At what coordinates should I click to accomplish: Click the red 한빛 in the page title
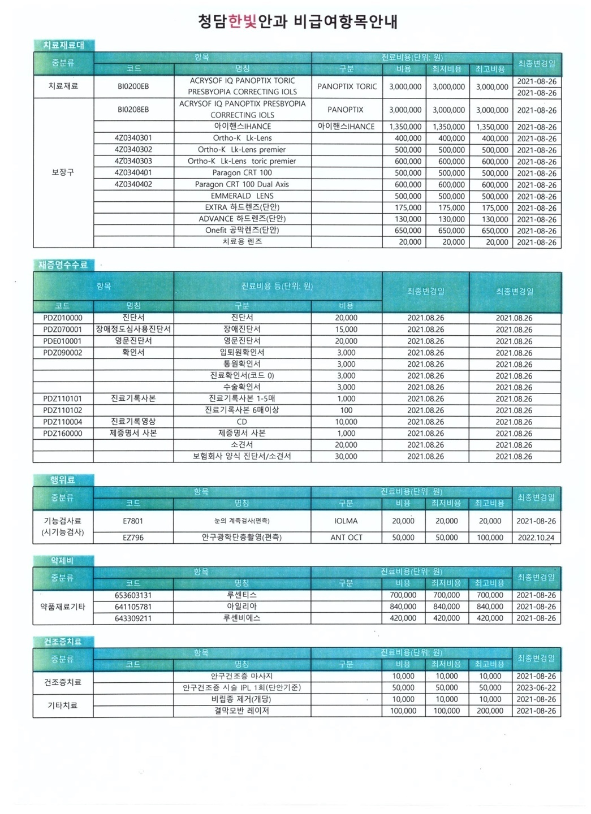tap(243, 21)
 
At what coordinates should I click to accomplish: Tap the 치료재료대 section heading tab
tap(63, 45)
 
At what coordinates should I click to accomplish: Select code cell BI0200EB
tap(133, 86)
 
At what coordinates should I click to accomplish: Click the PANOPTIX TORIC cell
tap(347, 86)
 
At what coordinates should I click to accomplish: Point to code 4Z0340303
tap(133, 161)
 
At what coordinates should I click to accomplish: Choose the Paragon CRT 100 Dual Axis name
tap(241, 184)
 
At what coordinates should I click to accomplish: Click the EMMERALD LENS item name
tap(241, 196)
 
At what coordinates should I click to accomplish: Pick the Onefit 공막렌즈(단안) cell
tap(241, 231)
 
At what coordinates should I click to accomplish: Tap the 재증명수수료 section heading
tap(63, 265)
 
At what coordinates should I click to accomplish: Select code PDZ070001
tap(63, 330)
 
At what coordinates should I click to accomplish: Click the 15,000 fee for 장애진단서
tap(346, 330)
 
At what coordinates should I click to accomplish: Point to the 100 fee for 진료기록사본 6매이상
tap(346, 410)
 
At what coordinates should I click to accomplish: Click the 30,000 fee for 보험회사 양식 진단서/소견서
tap(346, 457)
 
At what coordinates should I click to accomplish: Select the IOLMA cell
tap(346, 521)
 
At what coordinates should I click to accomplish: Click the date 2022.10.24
tap(536, 538)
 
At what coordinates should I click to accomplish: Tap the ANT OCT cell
tap(346, 538)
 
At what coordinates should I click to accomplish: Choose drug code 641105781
tap(133, 607)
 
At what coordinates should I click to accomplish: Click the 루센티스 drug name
tap(241, 595)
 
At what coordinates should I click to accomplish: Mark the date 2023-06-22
tap(536, 688)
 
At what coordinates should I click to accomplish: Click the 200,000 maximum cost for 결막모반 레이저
tap(490, 711)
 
